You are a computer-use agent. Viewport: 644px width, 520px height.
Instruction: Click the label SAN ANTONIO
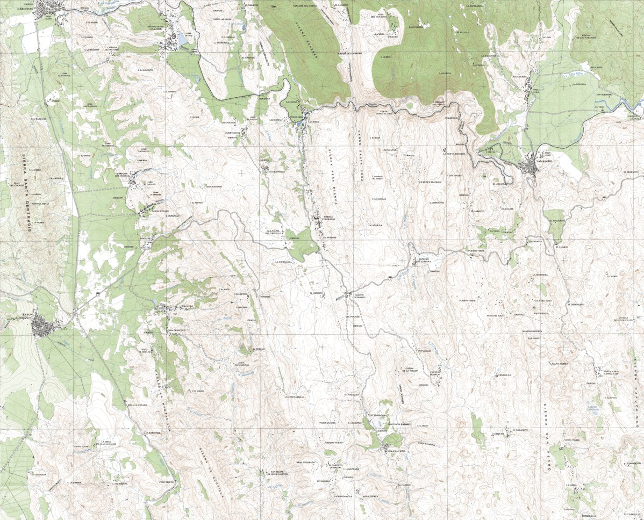[x=214, y=186]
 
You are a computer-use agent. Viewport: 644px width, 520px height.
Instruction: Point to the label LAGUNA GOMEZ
[x=555, y=364]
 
